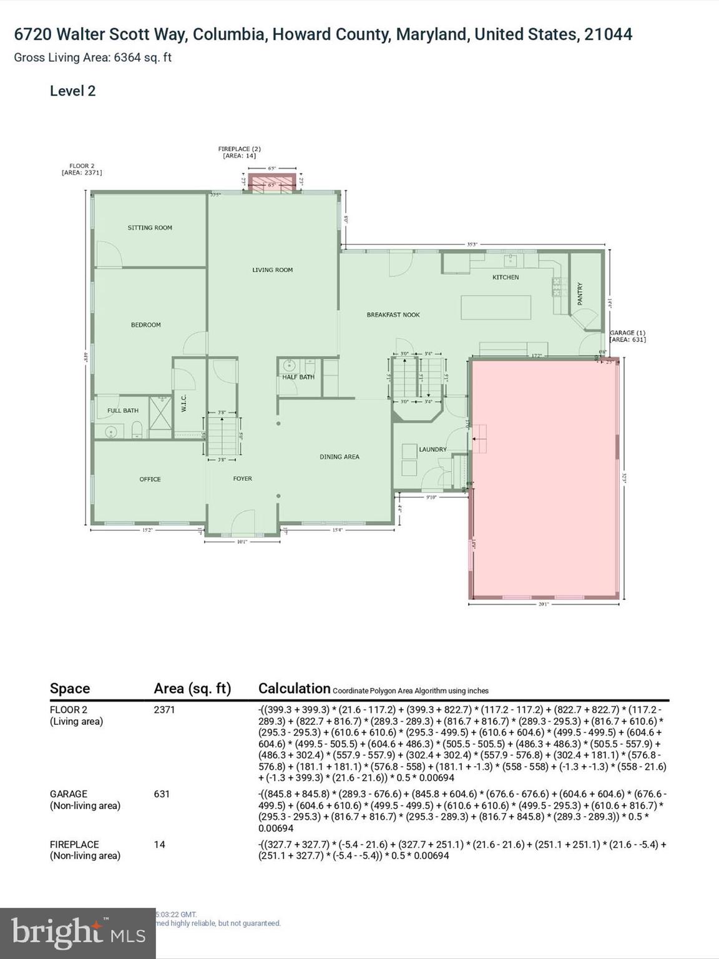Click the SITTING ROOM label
pyautogui.click(x=150, y=228)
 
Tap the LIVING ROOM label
pyautogui.click(x=272, y=270)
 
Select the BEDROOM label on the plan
pyautogui.click(x=145, y=325)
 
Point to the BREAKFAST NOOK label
pyautogui.click(x=393, y=315)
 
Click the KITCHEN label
pyautogui.click(x=506, y=277)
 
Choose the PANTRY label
pyautogui.click(x=580, y=293)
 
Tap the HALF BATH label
pyautogui.click(x=298, y=377)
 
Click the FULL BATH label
pyautogui.click(x=123, y=411)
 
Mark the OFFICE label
pyautogui.click(x=150, y=479)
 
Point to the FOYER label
pyautogui.click(x=243, y=479)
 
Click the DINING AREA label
pyautogui.click(x=340, y=457)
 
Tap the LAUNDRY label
pyautogui.click(x=433, y=450)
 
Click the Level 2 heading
pyautogui.click(x=72, y=91)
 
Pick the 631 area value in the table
pyautogui.click(x=162, y=794)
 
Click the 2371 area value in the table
pyautogui.click(x=165, y=710)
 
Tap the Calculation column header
pyautogui.click(x=294, y=689)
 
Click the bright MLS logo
pyautogui.click(x=77, y=933)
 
